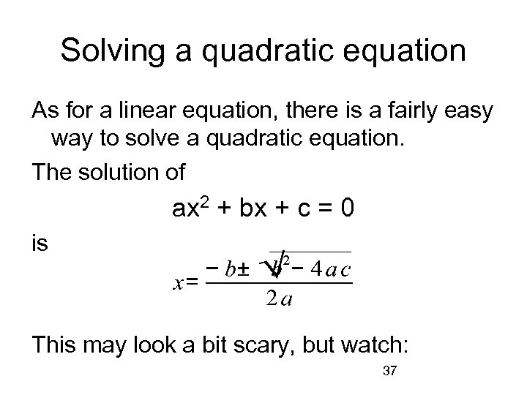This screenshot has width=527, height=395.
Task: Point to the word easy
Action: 468,110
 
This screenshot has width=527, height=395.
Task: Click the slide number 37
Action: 389,372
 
